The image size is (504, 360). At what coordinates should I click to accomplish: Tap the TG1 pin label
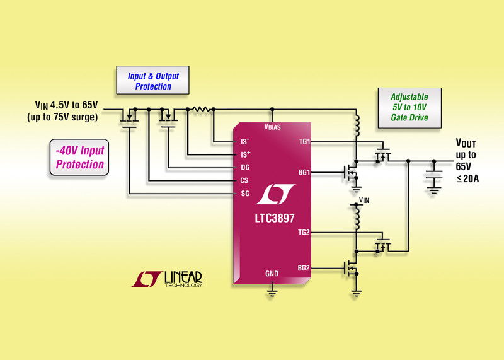click(305, 142)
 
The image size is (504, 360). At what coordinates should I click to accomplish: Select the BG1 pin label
click(305, 171)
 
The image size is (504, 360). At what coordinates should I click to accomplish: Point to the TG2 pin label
click(305, 233)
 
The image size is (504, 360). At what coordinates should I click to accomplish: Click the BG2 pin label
click(305, 268)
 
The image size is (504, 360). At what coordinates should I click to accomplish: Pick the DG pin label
click(246, 168)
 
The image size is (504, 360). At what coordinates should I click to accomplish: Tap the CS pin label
click(246, 180)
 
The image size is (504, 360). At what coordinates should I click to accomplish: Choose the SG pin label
click(246, 193)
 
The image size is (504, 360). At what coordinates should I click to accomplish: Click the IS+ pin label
click(246, 154)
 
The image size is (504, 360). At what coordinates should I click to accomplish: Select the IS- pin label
click(246, 142)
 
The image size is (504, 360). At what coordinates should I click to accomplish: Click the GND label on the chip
click(272, 274)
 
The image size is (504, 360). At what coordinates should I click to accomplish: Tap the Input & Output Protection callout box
click(153, 81)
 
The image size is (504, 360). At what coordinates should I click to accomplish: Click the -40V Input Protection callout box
click(80, 158)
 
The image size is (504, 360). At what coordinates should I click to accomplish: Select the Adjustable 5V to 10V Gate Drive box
click(409, 107)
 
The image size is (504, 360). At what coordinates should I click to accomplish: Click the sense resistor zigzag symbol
click(201, 109)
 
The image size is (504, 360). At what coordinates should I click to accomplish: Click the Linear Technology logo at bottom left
click(166, 279)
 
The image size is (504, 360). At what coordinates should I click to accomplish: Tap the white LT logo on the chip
click(271, 195)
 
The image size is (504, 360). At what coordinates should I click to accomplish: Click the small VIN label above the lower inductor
click(364, 200)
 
